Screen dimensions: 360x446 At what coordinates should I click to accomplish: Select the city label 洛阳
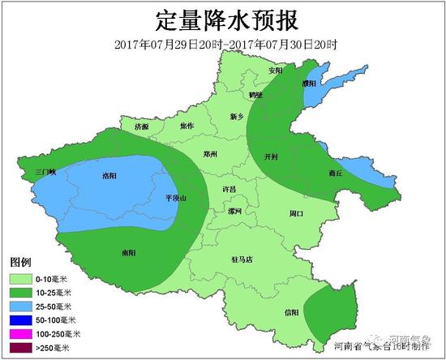click(x=111, y=175)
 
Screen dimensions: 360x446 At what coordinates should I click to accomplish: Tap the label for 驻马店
click(x=242, y=259)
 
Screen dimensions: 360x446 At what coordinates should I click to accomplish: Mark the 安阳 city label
click(x=277, y=71)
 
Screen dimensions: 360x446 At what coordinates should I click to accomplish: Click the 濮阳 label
click(x=309, y=83)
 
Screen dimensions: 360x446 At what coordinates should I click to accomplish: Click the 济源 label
click(x=142, y=127)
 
